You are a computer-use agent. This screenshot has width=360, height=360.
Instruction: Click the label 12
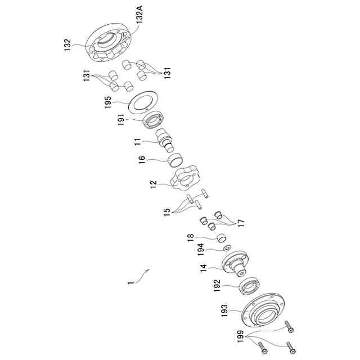pyautogui.click(x=153, y=183)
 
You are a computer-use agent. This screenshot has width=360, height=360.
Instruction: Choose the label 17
pyautogui.click(x=241, y=223)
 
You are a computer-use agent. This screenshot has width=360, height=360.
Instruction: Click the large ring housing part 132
pyautogui.click(x=107, y=42)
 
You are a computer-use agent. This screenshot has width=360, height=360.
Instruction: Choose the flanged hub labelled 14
pyautogui.click(x=236, y=264)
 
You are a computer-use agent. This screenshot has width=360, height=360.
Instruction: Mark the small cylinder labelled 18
pyautogui.click(x=222, y=238)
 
